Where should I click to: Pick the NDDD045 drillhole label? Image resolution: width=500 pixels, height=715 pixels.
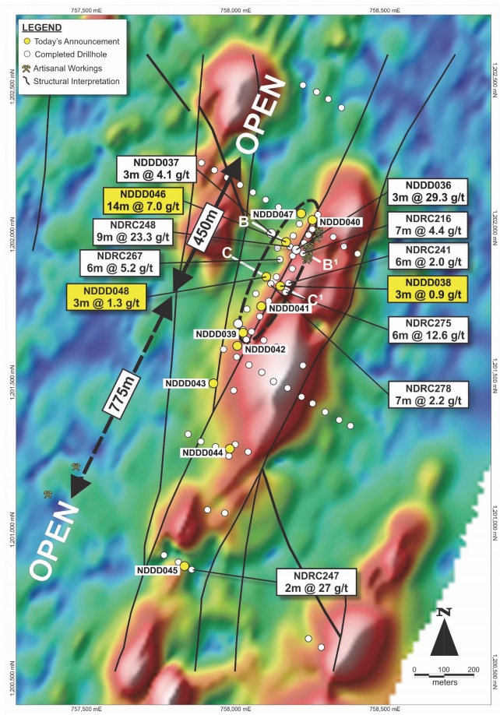(x=157, y=570)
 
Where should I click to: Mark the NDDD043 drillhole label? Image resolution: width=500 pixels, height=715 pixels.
(x=185, y=383)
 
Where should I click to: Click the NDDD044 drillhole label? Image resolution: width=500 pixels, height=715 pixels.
(x=202, y=453)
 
